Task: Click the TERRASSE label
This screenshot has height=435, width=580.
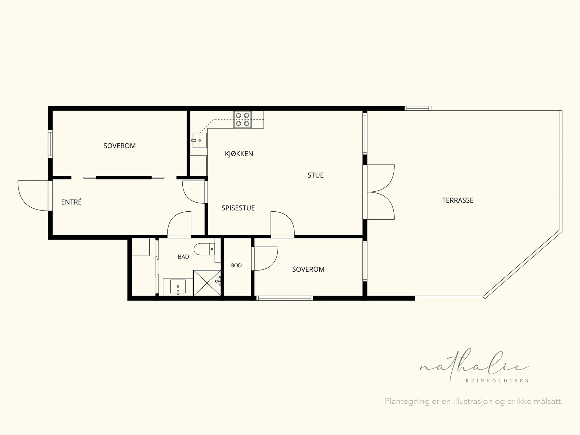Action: pyautogui.click(x=458, y=200)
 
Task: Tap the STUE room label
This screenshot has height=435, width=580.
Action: pyautogui.click(x=315, y=175)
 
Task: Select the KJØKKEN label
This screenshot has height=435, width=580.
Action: pyautogui.click(x=239, y=154)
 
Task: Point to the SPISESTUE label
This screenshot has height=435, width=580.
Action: pyautogui.click(x=238, y=208)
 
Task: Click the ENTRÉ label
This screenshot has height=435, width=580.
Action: pyautogui.click(x=71, y=202)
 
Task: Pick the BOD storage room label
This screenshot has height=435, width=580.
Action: pyautogui.click(x=236, y=265)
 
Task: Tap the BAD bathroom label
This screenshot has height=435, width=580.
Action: pyautogui.click(x=183, y=257)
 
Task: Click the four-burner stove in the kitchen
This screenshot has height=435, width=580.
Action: pyautogui.click(x=242, y=119)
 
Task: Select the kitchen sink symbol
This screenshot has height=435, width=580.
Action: pyautogui.click(x=199, y=140)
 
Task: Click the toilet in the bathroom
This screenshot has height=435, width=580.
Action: pyautogui.click(x=204, y=249)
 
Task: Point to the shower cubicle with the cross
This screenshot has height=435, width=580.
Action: pyautogui.click(x=207, y=283)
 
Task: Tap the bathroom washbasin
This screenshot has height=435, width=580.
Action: pyautogui.click(x=178, y=287)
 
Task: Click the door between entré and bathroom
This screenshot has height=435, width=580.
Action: pyautogui.click(x=179, y=224)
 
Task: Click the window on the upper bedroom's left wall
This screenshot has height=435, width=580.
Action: pyautogui.click(x=50, y=144)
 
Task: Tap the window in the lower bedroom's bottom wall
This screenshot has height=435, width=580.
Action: pyautogui.click(x=285, y=298)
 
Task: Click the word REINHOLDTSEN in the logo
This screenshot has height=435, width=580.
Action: pyautogui.click(x=497, y=381)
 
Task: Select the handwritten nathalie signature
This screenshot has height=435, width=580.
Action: pyautogui.click(x=474, y=365)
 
